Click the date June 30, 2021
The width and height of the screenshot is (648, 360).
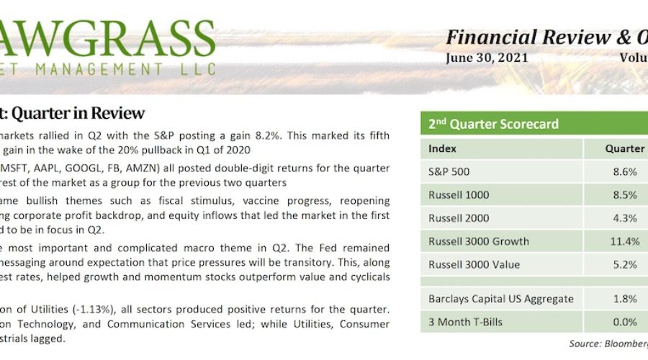(x=487, y=58)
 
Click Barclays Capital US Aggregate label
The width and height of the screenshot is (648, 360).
(x=500, y=299)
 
